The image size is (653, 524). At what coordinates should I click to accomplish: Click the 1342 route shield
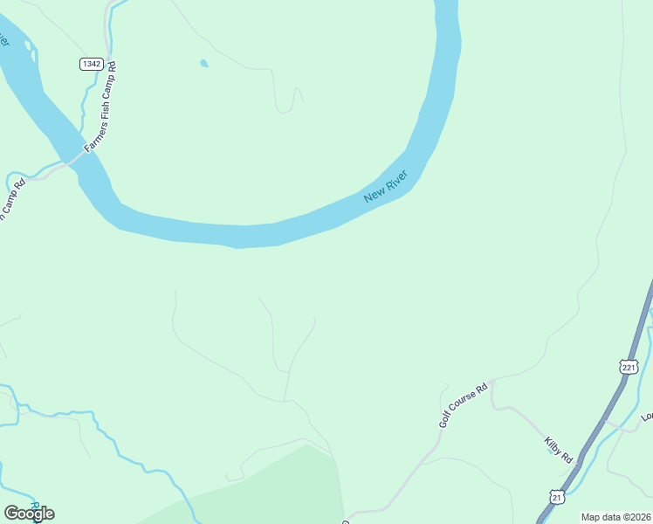[x=91, y=64]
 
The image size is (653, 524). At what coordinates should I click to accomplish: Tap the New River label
[x=386, y=188]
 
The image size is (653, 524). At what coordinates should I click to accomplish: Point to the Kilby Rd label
[x=558, y=450]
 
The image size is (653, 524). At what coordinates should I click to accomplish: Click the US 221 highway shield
[x=629, y=368]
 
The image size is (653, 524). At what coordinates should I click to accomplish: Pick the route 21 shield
[x=556, y=496]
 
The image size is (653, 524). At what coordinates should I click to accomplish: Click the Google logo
[x=29, y=513]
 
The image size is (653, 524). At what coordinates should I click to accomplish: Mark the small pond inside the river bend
[x=204, y=64]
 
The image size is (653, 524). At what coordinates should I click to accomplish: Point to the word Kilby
[x=553, y=445]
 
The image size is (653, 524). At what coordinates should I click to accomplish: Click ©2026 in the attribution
[x=637, y=517]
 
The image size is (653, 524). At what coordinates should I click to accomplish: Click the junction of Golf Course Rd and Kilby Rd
[x=492, y=381]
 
